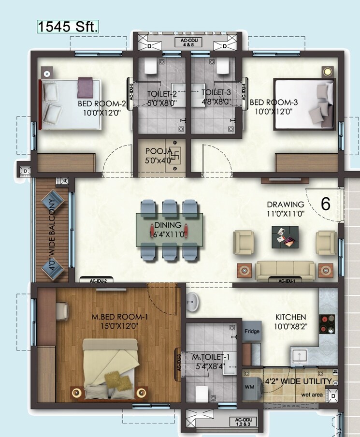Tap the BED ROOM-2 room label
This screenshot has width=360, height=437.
click(x=102, y=103)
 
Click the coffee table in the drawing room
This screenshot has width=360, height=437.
click(x=285, y=237)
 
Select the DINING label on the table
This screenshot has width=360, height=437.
click(x=168, y=225)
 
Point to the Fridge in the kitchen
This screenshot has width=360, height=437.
click(x=252, y=332)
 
